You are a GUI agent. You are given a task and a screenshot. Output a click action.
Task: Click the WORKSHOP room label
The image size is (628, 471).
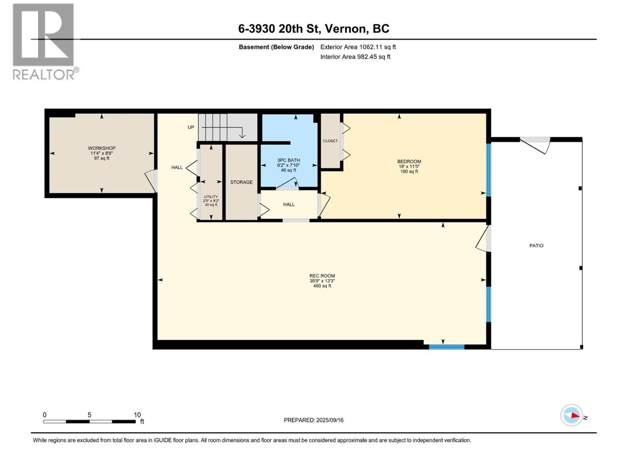click(x=102, y=148)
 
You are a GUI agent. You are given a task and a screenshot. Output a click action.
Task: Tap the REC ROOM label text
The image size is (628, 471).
click(x=322, y=276)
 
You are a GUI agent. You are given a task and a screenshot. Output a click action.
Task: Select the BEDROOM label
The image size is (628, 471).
click(x=409, y=161)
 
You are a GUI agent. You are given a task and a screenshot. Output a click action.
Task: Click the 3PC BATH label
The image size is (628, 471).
click(x=288, y=160)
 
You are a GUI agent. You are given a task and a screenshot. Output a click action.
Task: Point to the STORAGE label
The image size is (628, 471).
click(x=241, y=182)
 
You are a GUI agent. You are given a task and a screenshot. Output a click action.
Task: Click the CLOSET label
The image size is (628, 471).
click(x=330, y=141)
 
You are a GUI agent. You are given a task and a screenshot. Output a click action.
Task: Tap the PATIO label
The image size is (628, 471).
click(x=536, y=246)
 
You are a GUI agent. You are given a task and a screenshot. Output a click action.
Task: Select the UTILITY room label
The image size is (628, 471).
click(x=211, y=197)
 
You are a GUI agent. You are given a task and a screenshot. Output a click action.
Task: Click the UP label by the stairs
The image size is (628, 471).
click(x=191, y=127)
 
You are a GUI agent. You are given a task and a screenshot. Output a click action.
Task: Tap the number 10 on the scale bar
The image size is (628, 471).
click(x=137, y=415)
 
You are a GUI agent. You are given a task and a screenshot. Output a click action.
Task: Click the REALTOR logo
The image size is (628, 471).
click(x=44, y=41)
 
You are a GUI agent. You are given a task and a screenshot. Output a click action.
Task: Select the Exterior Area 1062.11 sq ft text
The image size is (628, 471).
click(x=358, y=47)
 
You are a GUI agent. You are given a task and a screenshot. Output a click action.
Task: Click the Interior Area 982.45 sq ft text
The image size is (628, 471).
click(x=355, y=57)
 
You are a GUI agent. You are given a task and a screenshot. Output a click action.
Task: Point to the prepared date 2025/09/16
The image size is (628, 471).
click(x=329, y=420)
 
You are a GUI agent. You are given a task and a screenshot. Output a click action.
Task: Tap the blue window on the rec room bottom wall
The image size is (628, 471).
click(x=446, y=347)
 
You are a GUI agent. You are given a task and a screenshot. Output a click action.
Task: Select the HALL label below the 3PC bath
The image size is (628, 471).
click(x=289, y=204)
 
